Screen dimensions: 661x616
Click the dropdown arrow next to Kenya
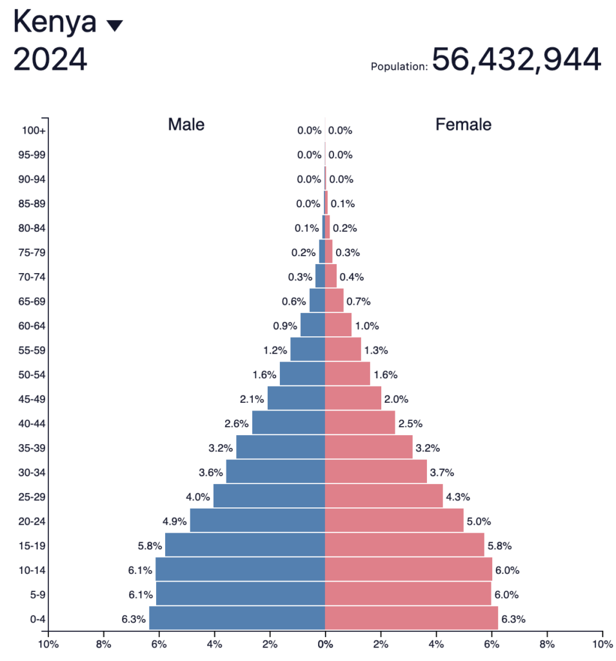coord(114,26)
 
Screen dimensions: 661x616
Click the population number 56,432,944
coord(516,59)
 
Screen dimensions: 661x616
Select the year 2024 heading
coord(50,60)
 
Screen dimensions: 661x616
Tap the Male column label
coord(186,125)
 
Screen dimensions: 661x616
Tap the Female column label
coord(463,125)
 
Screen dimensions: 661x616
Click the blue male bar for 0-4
coord(237,618)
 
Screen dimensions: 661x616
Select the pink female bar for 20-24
coord(393,520)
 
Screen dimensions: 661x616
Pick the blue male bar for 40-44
coord(288,423)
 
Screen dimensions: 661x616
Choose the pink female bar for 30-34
coord(375,472)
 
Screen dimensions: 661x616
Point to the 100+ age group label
coord(34,130)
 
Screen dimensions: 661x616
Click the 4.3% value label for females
coord(458,496)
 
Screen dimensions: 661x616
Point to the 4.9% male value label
coord(175,521)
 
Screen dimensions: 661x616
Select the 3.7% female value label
coord(442,473)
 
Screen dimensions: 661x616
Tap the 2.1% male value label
coord(252,399)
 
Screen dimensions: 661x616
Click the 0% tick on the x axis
coord(325,644)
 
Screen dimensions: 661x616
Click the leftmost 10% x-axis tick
coord(48,644)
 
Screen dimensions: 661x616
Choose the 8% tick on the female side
coord(547,644)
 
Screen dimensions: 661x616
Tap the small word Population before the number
coord(399,66)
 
